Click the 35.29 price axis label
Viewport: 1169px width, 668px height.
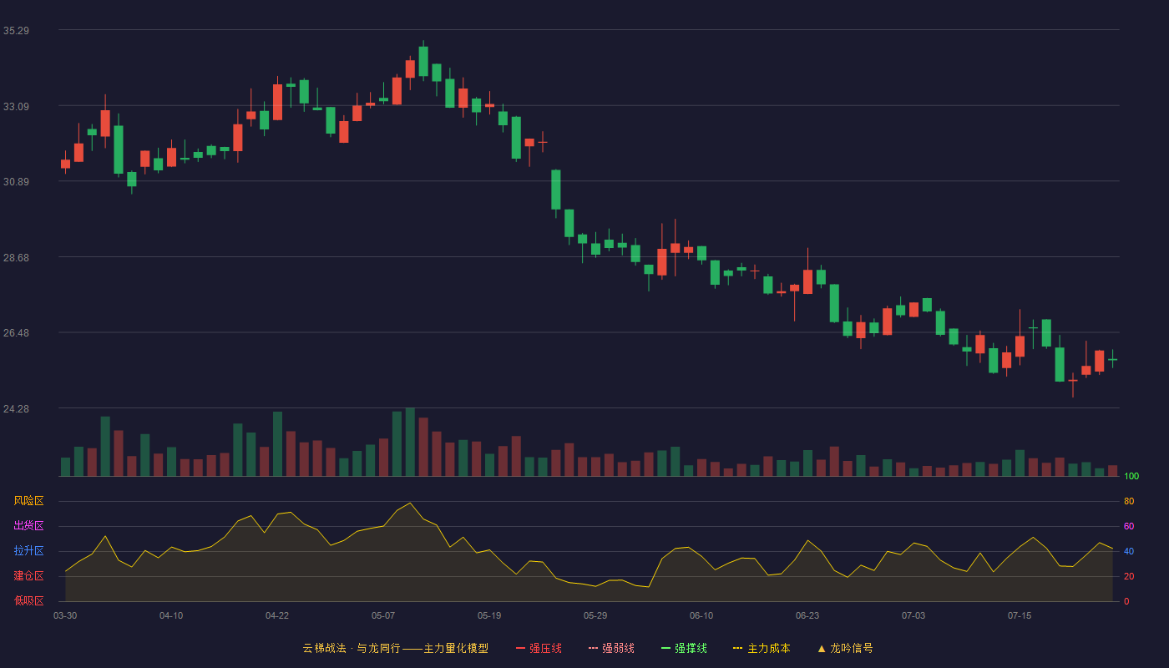[x=16, y=31]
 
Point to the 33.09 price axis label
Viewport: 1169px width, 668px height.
[x=16, y=107]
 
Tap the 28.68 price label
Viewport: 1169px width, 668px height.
[x=16, y=258]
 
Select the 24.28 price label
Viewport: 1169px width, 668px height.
[x=16, y=408]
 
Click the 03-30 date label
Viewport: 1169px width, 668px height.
[x=65, y=616]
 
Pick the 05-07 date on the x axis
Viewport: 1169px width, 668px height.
[x=383, y=616]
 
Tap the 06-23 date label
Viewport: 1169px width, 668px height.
[x=807, y=616]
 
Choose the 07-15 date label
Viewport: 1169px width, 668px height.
[x=1020, y=616]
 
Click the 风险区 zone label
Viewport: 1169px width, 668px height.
[x=28, y=501]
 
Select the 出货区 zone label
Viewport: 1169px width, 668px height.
[x=28, y=525]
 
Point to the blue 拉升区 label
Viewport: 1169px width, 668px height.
[x=28, y=550]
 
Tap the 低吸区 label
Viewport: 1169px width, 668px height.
[x=28, y=600]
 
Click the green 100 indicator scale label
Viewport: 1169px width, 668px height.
[x=1131, y=476]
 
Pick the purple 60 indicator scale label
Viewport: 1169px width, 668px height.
[x=1129, y=526]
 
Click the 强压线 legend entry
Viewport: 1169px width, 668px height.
[x=539, y=648]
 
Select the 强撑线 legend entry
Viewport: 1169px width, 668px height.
[x=684, y=648]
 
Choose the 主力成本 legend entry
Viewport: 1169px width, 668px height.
[x=762, y=648]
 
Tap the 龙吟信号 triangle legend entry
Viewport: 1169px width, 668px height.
[x=845, y=648]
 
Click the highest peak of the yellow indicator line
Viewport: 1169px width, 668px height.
[x=410, y=503]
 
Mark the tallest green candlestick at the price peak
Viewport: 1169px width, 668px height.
[x=423, y=61]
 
